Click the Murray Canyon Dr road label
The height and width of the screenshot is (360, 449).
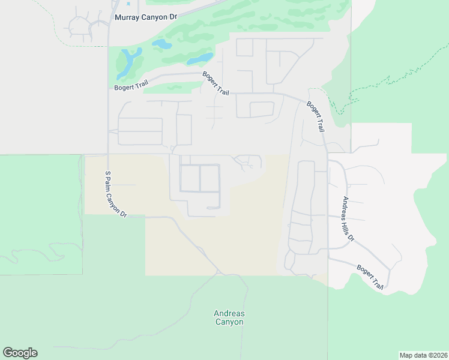(x=146, y=17)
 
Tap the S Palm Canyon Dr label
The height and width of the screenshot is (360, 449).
(x=116, y=194)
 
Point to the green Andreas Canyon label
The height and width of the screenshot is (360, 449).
(x=229, y=317)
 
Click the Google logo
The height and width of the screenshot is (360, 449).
(x=20, y=353)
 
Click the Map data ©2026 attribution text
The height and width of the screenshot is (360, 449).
(x=424, y=355)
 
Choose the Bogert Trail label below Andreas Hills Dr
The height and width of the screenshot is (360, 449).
(x=370, y=277)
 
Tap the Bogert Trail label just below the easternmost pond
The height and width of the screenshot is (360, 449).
(x=216, y=84)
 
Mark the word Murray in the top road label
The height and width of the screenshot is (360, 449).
(x=127, y=17)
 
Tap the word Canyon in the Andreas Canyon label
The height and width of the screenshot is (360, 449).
(x=229, y=322)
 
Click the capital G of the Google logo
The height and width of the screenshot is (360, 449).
(x=8, y=352)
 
